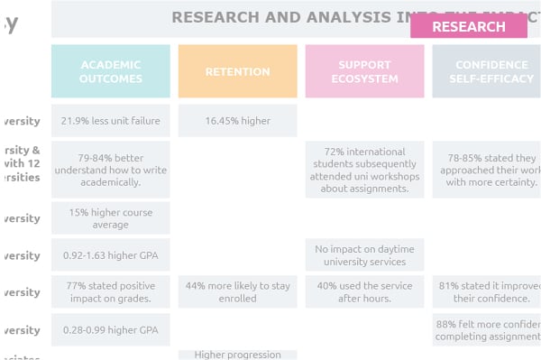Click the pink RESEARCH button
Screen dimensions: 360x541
pos(468,26)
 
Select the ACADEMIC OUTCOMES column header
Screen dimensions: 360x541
pos(111,71)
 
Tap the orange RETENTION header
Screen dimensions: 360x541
pos(237,71)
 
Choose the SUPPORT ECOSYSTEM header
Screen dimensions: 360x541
pos(364,71)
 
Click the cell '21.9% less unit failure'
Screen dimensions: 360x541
pos(111,120)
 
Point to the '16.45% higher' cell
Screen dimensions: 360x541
pos(237,120)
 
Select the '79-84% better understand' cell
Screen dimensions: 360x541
pos(111,169)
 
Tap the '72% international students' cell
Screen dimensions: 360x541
pos(364,169)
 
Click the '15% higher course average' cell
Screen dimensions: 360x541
pos(111,218)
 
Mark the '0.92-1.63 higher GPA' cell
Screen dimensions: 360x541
pos(111,255)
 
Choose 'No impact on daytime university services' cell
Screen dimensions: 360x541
pos(364,255)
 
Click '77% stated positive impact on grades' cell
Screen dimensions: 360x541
pos(111,291)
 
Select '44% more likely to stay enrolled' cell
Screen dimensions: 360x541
pos(237,291)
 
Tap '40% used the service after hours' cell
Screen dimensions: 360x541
pos(364,291)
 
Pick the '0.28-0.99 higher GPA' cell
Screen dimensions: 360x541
pos(111,329)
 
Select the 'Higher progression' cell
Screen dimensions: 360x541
pos(237,355)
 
